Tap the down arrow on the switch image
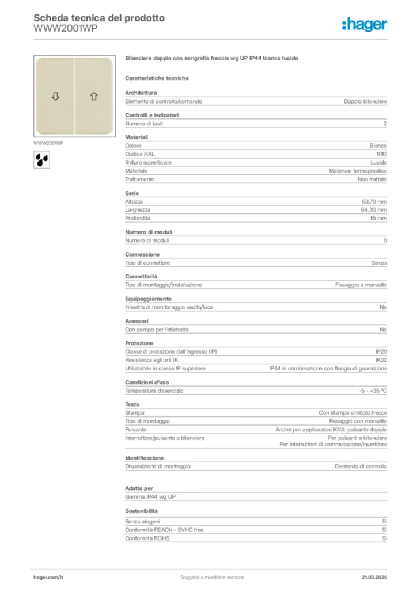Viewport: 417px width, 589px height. (55, 96)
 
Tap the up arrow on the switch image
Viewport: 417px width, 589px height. (93, 96)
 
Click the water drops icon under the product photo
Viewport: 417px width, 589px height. (41, 159)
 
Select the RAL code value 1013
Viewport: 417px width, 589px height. (381, 154)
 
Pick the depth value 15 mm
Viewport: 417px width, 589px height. (378, 219)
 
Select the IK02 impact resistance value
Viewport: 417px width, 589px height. (381, 359)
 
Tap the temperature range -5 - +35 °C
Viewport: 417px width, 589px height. (373, 391)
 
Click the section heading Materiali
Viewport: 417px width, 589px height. (137, 137)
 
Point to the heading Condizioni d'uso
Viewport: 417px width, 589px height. (147, 382)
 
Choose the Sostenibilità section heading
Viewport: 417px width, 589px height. (141, 511)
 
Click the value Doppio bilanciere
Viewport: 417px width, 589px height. (365, 101)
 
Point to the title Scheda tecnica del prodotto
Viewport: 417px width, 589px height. (99, 18)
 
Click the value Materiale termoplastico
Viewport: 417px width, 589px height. (358, 171)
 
